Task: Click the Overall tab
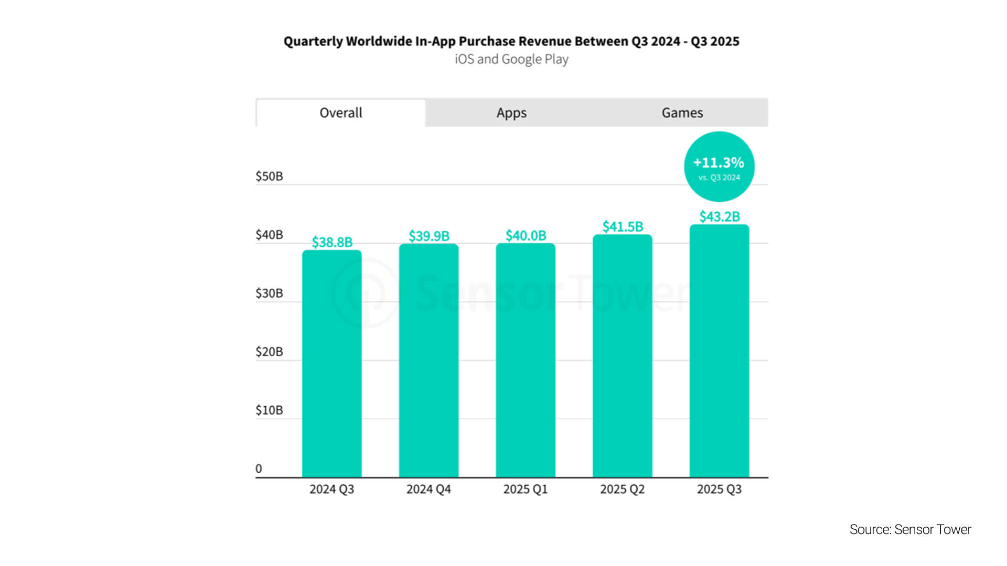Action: (341, 113)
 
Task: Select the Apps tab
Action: (511, 113)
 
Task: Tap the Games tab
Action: (682, 113)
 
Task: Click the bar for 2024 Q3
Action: (331, 364)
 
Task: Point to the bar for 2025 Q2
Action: (623, 356)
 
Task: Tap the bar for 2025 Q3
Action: (719, 351)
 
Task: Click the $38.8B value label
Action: (332, 242)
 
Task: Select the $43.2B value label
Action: (720, 216)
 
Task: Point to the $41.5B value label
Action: (623, 226)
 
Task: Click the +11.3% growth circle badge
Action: (719, 167)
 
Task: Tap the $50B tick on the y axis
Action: (269, 176)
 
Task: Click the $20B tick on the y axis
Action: (269, 352)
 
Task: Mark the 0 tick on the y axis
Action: (259, 469)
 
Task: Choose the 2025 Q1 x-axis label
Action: (526, 489)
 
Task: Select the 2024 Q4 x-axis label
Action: (428, 489)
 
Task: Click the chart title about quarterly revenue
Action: (511, 41)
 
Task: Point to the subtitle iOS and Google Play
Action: (511, 59)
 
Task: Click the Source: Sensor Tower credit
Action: (910, 529)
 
